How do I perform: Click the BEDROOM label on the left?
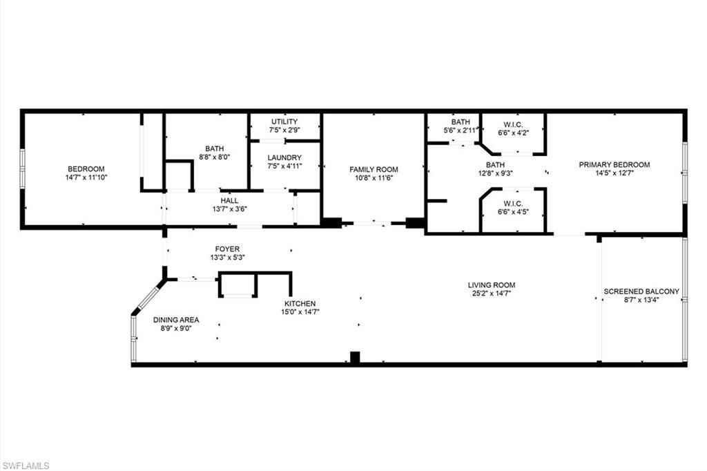(86, 169)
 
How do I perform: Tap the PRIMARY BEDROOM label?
(614, 164)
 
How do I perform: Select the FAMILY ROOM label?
(374, 169)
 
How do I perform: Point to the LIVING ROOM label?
(491, 285)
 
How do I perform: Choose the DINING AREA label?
(176, 320)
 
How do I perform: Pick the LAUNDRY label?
(284, 157)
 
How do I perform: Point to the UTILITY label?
(284, 122)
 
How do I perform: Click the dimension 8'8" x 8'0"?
(214, 157)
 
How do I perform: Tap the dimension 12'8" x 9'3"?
(495, 173)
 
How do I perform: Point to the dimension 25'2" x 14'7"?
(491, 294)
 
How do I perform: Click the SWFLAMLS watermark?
(26, 465)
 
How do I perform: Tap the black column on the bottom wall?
(355, 358)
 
